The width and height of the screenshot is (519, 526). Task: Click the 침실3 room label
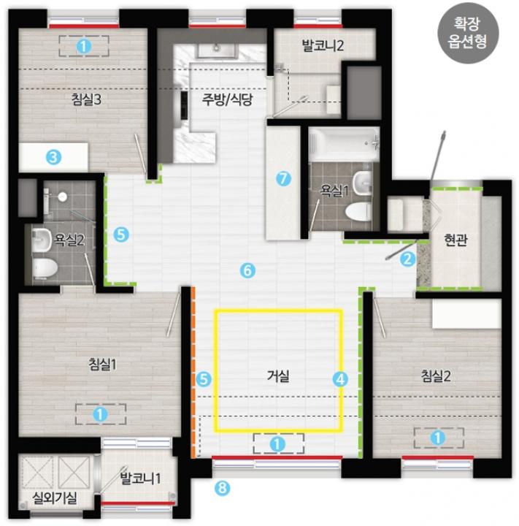tap(86, 99)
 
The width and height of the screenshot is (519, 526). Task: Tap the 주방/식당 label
tap(227, 99)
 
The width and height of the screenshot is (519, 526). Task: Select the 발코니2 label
tap(323, 45)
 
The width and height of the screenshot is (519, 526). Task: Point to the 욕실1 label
tap(334, 190)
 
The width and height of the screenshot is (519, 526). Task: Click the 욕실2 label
tap(69, 240)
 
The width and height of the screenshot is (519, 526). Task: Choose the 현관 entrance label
tap(455, 240)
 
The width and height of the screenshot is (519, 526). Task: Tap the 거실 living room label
tap(278, 376)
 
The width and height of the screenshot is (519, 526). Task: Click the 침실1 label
tap(103, 364)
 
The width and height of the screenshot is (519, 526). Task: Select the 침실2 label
tap(436, 376)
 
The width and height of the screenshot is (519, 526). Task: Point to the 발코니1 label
tap(140, 478)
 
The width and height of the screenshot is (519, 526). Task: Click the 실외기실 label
tap(55, 498)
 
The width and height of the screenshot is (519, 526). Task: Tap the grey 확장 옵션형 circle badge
tap(468, 33)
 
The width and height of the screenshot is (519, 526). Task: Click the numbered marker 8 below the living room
tap(223, 487)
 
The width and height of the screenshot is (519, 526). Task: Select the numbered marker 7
tap(283, 178)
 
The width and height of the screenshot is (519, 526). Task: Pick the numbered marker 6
tap(247, 270)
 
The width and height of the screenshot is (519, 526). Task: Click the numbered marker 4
tap(340, 379)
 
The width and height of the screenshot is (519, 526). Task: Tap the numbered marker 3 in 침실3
tap(53, 156)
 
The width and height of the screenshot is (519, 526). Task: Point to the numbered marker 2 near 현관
tap(407, 259)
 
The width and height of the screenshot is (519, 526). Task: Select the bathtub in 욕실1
tap(344, 144)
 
